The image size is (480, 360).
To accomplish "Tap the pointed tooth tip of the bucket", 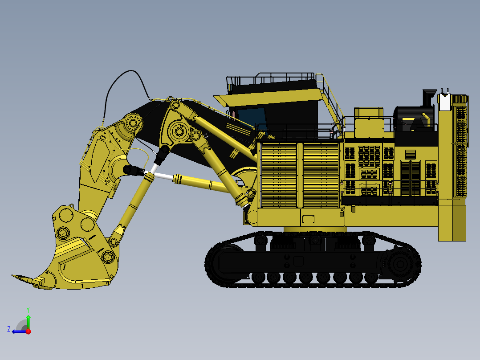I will (14, 277).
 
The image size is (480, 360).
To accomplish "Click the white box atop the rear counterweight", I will (445, 102).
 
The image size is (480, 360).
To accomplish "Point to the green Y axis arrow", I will (28, 319).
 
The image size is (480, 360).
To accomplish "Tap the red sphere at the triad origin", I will (28, 331).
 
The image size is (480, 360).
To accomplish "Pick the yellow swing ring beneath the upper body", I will (315, 229).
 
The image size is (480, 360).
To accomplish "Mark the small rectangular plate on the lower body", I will (308, 219).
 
